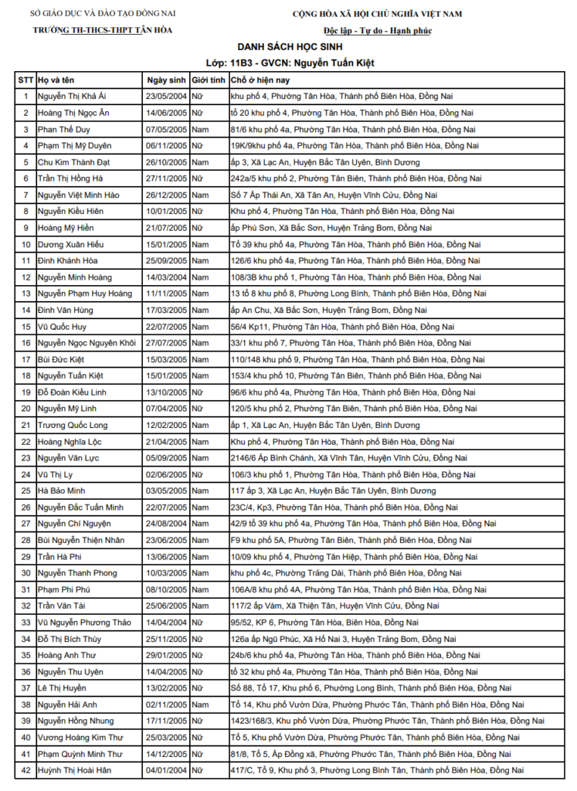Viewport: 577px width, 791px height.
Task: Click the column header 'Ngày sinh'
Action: point(166,80)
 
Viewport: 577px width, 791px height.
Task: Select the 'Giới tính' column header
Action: point(209,80)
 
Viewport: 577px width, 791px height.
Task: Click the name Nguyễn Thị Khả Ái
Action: point(73,97)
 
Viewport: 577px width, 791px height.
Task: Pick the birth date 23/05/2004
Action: point(166,97)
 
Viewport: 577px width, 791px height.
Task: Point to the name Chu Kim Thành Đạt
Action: point(74,162)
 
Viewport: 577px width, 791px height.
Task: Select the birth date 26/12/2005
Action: point(166,195)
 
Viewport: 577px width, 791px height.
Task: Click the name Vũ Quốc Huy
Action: point(63,327)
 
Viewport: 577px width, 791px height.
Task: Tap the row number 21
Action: point(25,425)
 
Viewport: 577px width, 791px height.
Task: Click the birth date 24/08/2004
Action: point(166,524)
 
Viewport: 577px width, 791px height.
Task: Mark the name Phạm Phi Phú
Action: point(64,589)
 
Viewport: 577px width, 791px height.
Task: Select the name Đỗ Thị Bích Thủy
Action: point(70,639)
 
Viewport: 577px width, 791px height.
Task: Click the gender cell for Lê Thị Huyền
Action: point(198,688)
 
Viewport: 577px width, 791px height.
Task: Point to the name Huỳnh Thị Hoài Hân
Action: point(74,770)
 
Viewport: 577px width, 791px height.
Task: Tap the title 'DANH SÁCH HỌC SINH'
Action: point(290,47)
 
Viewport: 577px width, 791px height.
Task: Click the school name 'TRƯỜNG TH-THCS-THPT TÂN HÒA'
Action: point(103,30)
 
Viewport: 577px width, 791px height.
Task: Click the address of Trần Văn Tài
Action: point(324,606)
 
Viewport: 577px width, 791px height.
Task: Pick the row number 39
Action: point(25,721)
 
